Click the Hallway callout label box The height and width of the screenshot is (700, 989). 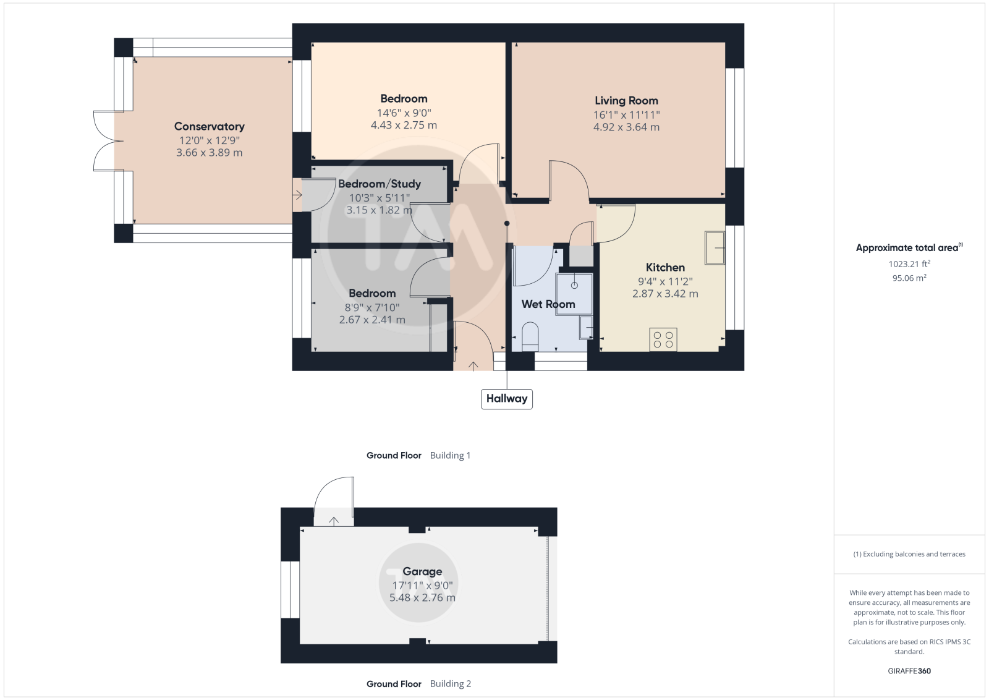(x=506, y=399)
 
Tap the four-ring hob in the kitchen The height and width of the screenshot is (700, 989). (x=663, y=339)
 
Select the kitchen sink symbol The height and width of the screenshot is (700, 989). (x=715, y=248)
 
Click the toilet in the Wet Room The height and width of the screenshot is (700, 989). (x=530, y=336)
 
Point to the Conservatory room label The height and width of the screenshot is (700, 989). (x=210, y=126)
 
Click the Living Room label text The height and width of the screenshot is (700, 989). (x=626, y=101)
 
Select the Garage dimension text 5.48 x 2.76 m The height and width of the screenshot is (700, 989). (x=422, y=597)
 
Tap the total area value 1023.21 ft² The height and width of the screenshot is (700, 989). (x=909, y=263)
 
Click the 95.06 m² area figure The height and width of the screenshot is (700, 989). (x=909, y=278)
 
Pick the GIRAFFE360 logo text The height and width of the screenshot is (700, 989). (x=909, y=671)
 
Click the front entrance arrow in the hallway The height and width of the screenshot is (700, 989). (x=473, y=365)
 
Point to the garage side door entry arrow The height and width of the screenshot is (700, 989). (x=334, y=521)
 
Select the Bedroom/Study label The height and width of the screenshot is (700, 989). (x=380, y=184)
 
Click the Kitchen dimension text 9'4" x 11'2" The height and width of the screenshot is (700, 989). (x=665, y=281)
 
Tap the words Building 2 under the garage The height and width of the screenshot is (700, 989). (x=451, y=684)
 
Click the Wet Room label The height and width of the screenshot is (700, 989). (x=548, y=304)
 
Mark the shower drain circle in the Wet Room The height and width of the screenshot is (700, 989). (x=574, y=285)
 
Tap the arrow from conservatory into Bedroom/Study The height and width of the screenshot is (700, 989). (x=297, y=194)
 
